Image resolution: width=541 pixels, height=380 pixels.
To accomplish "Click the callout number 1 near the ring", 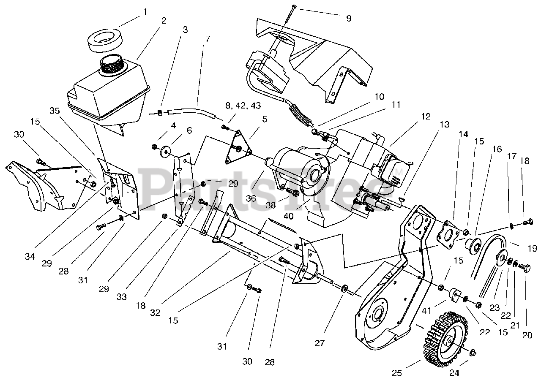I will coord(145,12).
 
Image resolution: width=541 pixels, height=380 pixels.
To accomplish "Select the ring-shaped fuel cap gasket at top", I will coord(105,40).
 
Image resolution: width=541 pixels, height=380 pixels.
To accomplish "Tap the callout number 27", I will coord(320,343).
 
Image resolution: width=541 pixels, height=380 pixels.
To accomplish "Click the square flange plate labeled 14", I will coord(448,231).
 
